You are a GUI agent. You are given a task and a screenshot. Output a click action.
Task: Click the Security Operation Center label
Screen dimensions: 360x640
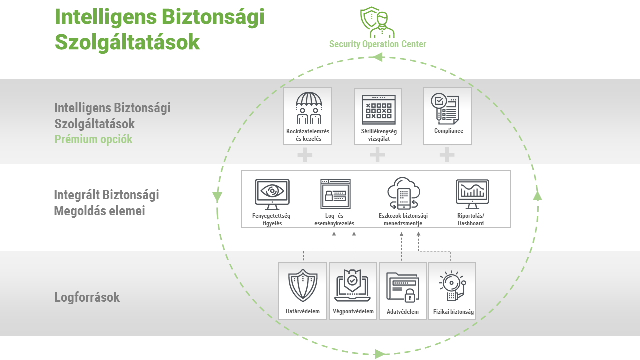377,44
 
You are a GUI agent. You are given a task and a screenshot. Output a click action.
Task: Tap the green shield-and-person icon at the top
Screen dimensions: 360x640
377,22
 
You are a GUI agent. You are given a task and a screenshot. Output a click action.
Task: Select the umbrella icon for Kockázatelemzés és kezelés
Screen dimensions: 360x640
309,108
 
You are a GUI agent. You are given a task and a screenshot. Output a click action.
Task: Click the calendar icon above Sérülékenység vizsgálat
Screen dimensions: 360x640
378,107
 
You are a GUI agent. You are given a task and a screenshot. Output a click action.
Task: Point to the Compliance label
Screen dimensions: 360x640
448,131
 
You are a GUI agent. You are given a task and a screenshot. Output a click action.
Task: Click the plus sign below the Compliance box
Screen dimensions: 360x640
447,155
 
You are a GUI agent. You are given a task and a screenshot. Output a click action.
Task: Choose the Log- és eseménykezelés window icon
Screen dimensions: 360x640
336,194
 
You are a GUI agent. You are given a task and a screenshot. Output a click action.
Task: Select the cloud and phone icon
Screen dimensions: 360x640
403,194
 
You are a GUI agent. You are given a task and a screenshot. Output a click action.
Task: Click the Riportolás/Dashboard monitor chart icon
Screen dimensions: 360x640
472,194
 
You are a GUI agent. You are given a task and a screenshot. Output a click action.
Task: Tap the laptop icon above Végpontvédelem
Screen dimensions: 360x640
353,286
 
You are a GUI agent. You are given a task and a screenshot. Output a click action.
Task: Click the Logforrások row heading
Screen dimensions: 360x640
87,298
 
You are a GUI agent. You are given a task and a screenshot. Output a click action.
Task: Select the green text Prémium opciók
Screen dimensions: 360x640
93,139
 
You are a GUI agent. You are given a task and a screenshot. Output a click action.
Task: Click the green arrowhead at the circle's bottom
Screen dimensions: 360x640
380,354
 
